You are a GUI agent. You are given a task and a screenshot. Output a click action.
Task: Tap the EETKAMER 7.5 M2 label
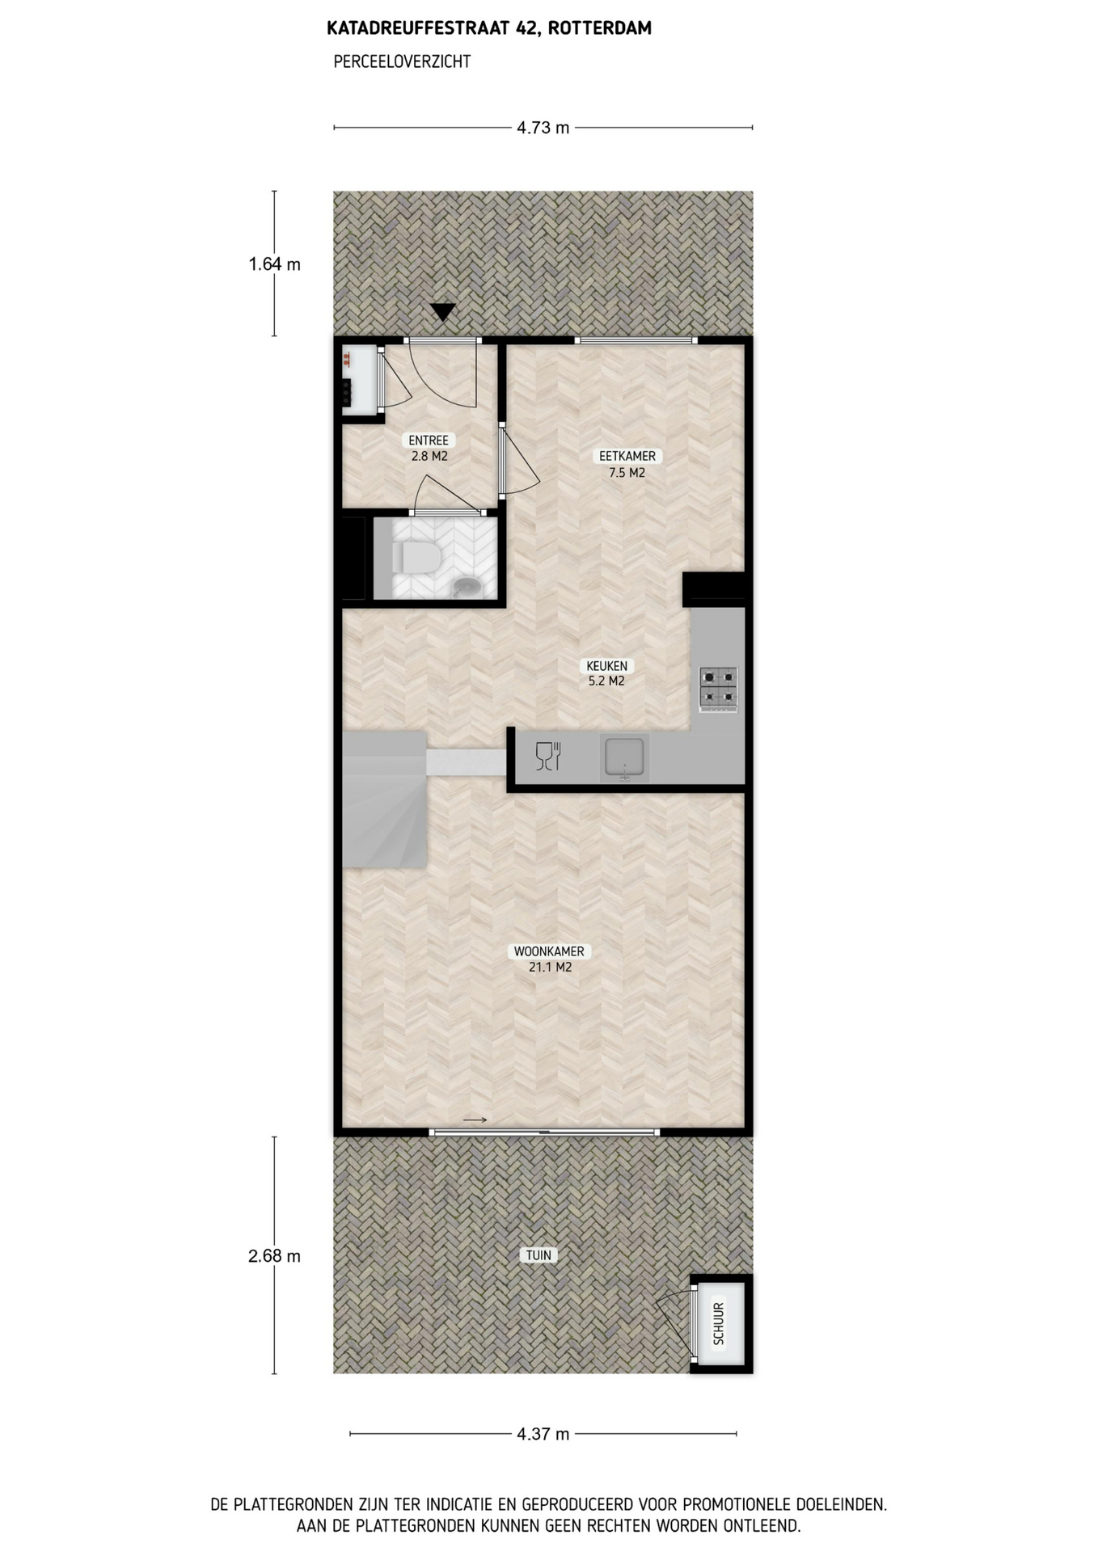click(627, 464)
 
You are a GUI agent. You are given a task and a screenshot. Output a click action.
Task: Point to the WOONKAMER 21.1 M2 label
click(550, 959)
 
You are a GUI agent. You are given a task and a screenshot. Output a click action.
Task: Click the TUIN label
click(539, 1255)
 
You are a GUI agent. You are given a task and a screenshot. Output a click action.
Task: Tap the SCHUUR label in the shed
click(719, 1323)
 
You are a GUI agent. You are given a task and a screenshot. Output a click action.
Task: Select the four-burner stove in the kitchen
click(719, 690)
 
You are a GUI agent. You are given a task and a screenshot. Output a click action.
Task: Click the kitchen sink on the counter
click(624, 759)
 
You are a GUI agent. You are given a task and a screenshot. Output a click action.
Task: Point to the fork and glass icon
click(548, 756)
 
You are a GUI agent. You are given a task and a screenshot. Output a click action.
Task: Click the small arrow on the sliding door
click(475, 1120)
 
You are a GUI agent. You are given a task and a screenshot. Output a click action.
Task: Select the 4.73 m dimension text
click(543, 128)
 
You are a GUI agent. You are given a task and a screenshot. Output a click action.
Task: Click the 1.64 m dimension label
click(275, 264)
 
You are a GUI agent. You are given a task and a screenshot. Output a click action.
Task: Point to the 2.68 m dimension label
click(275, 1255)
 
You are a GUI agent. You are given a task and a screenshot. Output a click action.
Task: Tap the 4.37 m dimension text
click(543, 1434)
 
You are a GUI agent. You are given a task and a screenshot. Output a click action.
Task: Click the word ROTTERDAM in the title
click(599, 28)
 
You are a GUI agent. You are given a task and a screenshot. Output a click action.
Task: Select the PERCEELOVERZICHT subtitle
click(402, 61)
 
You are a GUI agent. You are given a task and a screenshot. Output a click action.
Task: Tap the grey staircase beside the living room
click(385, 799)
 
